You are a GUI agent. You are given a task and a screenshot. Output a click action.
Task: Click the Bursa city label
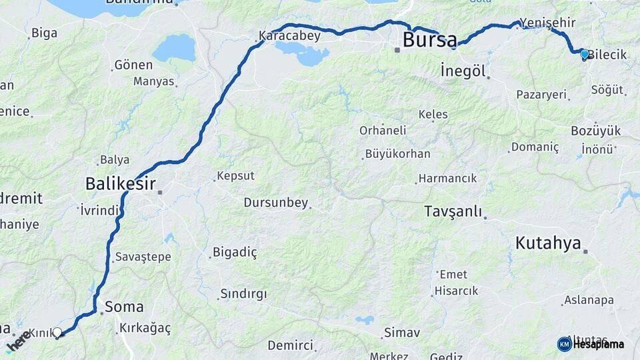[x=430, y=40]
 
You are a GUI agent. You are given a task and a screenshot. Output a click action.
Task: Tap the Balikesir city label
[x=121, y=183]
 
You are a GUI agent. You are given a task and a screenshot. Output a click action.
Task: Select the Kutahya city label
[x=548, y=243]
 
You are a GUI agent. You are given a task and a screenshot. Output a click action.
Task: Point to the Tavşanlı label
[x=453, y=212]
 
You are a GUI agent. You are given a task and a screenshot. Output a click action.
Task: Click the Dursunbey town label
[x=276, y=202]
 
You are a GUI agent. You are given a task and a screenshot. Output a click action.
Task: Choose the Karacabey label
[x=289, y=35]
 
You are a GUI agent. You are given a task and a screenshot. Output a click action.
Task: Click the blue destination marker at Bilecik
[x=585, y=54]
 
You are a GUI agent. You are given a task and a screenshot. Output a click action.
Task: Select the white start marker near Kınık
[x=57, y=332]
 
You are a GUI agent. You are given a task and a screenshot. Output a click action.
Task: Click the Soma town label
[x=124, y=307]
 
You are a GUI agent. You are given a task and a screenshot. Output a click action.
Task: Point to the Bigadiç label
[x=235, y=252]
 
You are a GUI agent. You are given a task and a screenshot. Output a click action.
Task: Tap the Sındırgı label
[x=243, y=294]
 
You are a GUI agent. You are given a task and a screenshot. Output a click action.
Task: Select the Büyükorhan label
[x=397, y=154]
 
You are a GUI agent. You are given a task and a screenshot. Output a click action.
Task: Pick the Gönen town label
[x=133, y=65]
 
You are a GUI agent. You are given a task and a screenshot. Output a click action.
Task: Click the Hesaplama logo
[x=590, y=344]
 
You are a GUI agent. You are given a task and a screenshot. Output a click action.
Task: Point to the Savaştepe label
[x=143, y=257]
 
